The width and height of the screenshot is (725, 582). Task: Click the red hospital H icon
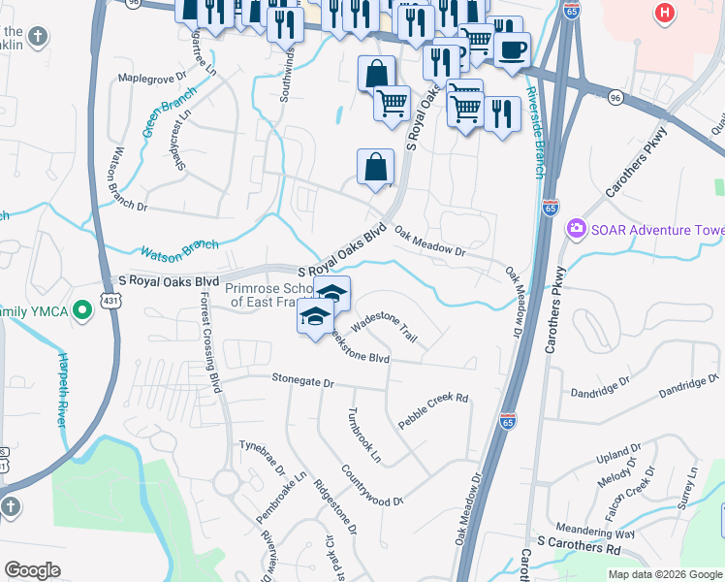(664, 13)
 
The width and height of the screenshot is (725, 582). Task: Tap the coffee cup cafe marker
(512, 48)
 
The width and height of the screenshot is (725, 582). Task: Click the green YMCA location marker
(83, 310)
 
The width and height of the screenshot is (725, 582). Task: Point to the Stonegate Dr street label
(302, 382)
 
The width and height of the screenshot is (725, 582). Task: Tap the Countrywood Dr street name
(371, 487)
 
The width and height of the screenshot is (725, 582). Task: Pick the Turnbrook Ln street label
(365, 432)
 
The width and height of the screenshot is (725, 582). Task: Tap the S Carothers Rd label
(579, 548)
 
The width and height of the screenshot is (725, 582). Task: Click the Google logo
(33, 570)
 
